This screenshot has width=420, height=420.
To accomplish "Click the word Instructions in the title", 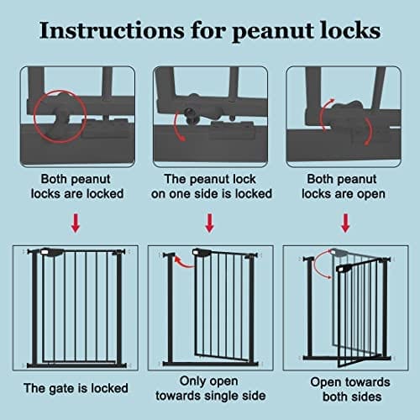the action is tap(112, 30).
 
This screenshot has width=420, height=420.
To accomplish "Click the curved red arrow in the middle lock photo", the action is tap(176, 126).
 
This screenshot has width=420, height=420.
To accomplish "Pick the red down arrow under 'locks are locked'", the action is tap(76, 223).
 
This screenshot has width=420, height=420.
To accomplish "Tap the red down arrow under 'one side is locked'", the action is tap(210, 223).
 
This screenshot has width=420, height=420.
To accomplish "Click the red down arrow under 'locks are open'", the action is tap(345, 223).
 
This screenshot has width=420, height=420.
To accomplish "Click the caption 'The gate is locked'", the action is tap(76, 388).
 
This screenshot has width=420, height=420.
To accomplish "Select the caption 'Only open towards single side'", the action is tap(211, 388).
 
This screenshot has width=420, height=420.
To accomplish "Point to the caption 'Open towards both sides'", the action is tap(350, 390).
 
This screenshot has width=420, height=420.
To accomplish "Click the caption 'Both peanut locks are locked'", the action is tap(77, 186).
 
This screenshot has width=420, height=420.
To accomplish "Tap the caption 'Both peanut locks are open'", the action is tap(344, 186).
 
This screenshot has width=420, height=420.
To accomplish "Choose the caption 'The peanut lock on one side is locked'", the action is tap(212, 186).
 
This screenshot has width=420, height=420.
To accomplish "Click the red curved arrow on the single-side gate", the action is tap(182, 263).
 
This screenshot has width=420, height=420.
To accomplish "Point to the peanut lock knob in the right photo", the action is tap(348, 107).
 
